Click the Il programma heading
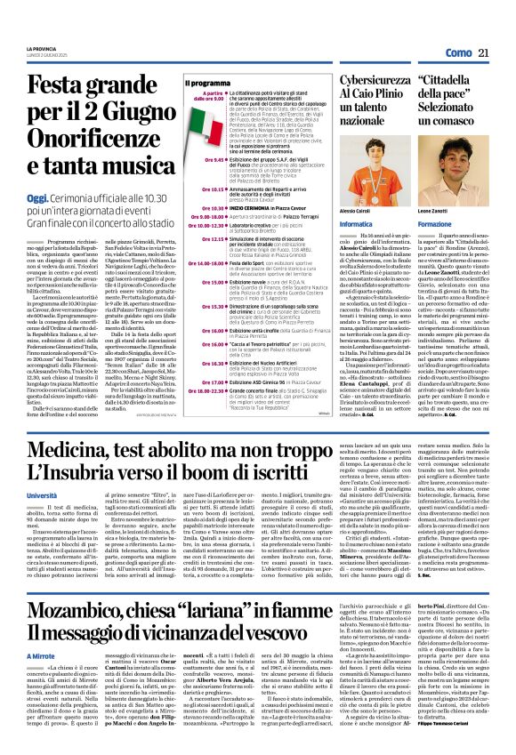(182, 83)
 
